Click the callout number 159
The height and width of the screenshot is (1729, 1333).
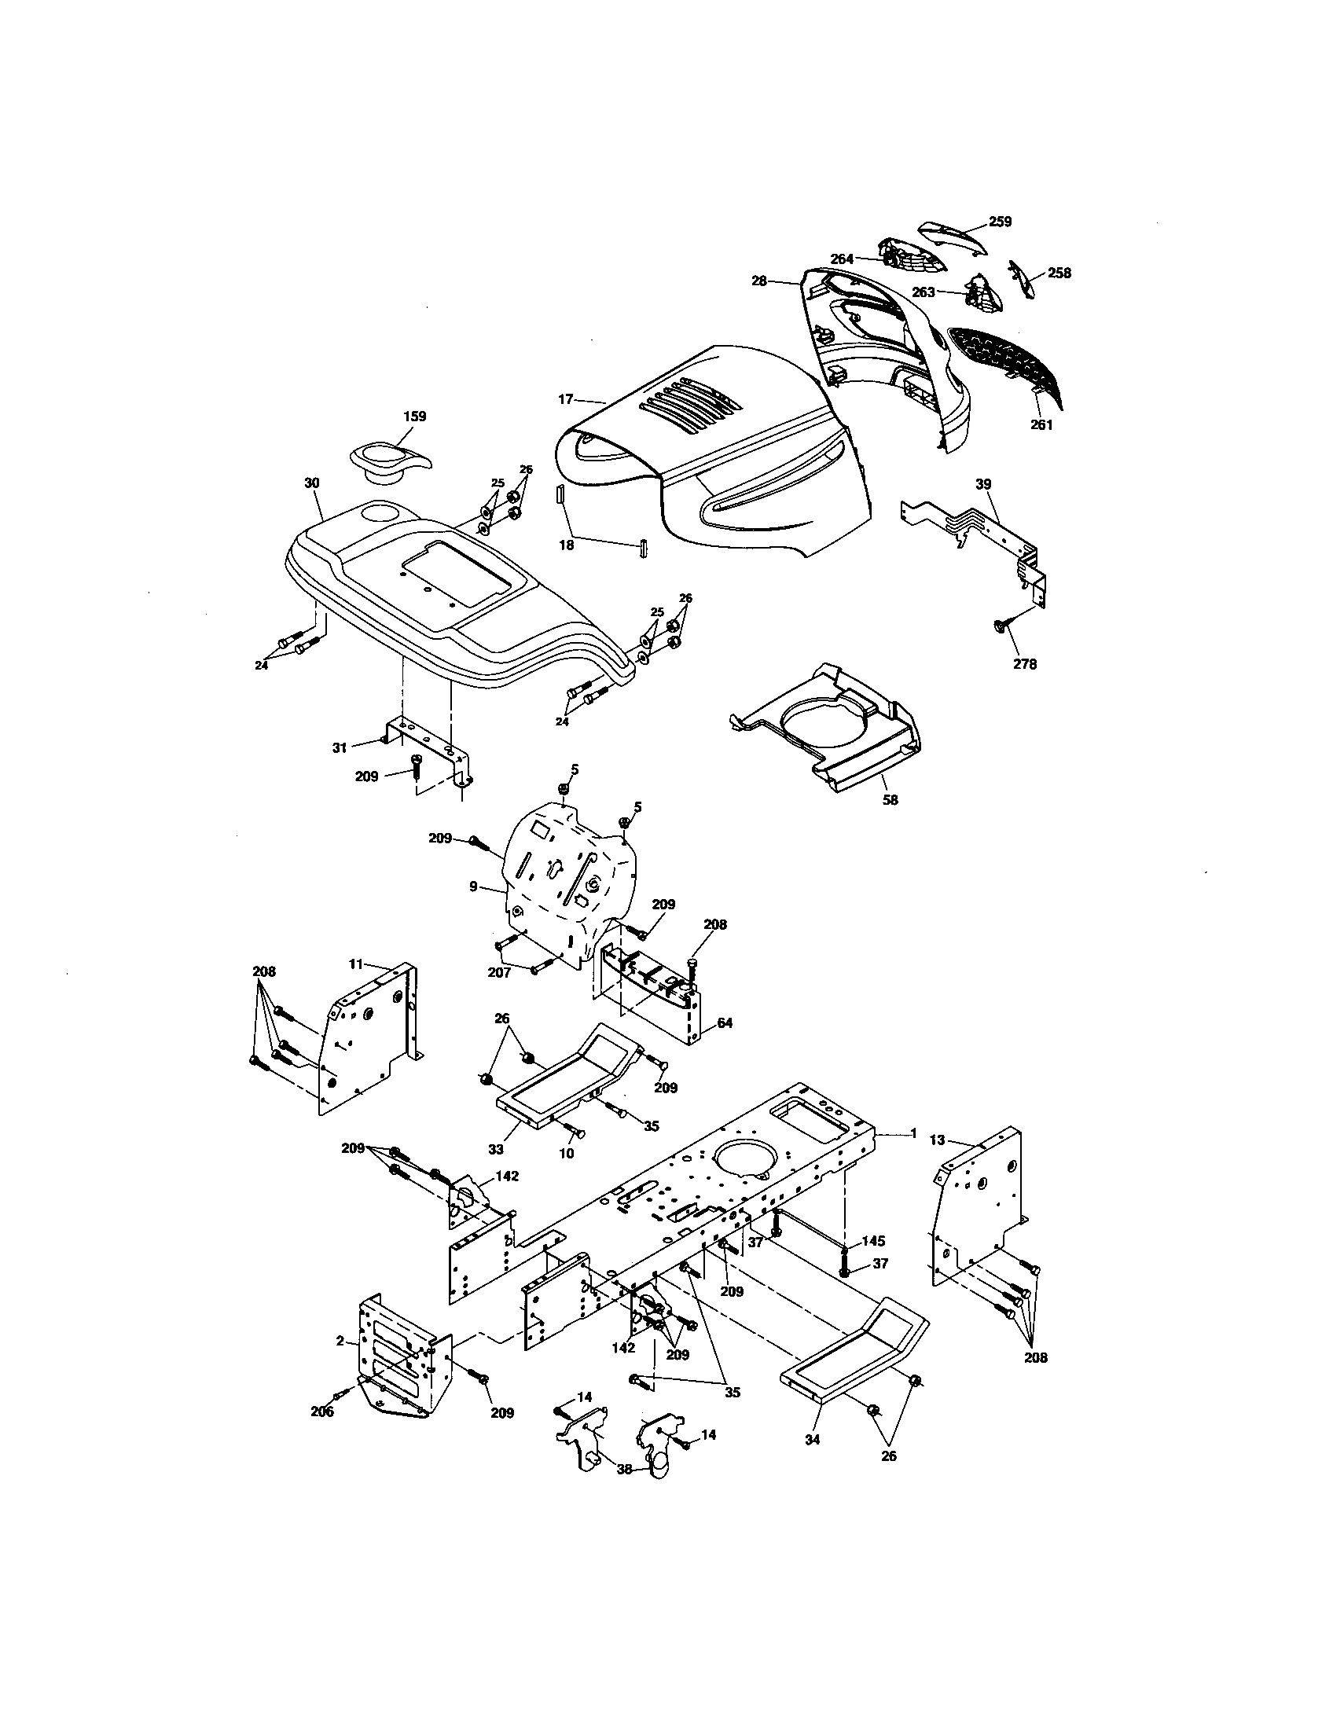click(x=414, y=417)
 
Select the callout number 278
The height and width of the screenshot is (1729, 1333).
click(x=1025, y=664)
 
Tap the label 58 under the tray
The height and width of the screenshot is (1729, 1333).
click(x=890, y=800)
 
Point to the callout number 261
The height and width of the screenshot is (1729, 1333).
click(x=1041, y=425)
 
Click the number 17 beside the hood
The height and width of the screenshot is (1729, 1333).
click(x=565, y=400)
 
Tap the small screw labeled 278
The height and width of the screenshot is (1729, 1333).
click(x=999, y=626)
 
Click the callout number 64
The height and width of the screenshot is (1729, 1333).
click(x=724, y=1022)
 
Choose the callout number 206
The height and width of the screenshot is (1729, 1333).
click(x=322, y=1411)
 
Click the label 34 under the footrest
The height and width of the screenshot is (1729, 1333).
click(x=812, y=1440)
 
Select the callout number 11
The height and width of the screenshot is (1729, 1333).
click(x=355, y=964)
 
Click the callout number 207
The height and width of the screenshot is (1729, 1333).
click(x=498, y=973)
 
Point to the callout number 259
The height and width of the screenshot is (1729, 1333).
click(x=1000, y=222)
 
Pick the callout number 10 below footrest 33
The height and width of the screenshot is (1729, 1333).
click(x=566, y=1155)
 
